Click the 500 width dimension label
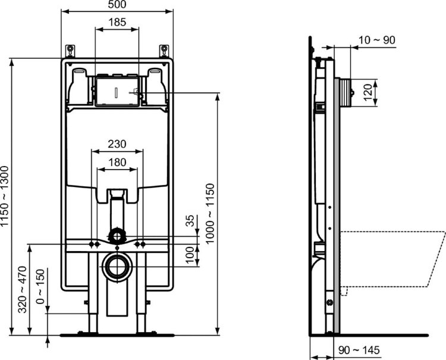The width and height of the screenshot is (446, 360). click(117, 5)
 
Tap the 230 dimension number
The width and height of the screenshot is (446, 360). click(117, 143)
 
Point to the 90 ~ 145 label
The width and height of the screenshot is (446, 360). click(359, 352)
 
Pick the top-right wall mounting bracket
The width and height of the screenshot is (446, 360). click(163, 49)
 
